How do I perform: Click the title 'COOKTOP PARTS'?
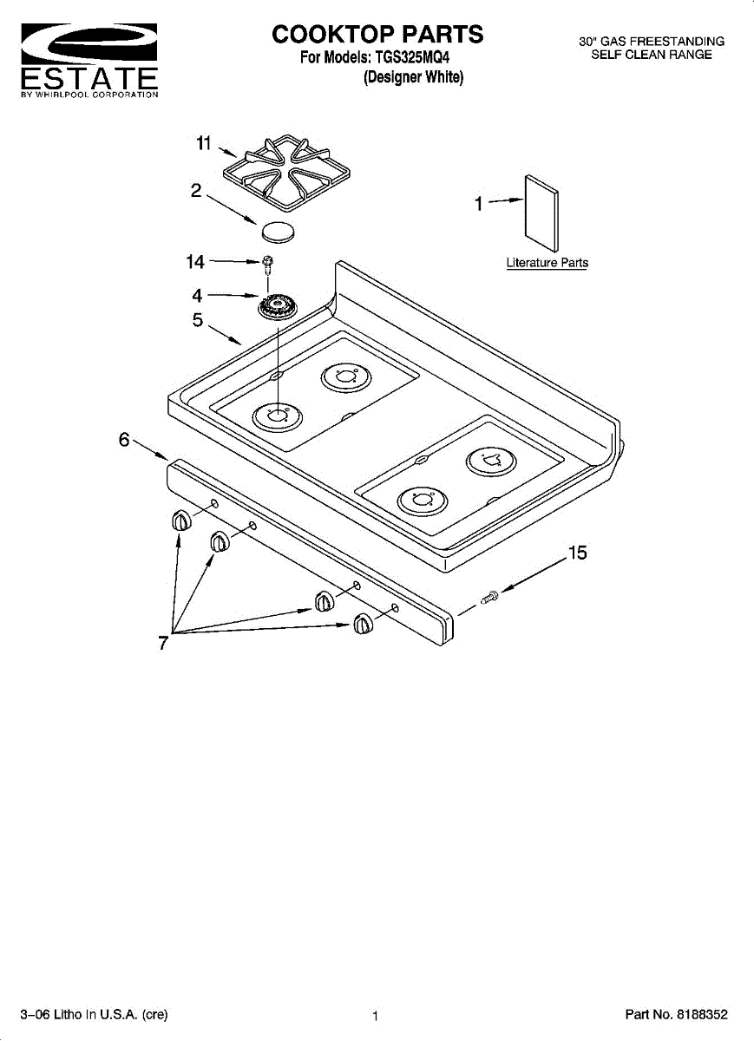click(377, 34)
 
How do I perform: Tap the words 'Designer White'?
click(414, 77)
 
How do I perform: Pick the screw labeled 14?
click(268, 261)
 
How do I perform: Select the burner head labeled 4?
click(276, 305)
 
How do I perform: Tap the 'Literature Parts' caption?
click(547, 263)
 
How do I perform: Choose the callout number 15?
click(577, 553)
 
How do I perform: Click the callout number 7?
click(162, 643)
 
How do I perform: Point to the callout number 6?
click(124, 440)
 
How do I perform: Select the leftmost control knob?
click(180, 520)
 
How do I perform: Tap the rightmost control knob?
click(363, 624)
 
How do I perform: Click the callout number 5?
click(198, 320)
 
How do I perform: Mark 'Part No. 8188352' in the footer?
click(676, 1014)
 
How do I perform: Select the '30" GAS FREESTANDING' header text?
click(652, 42)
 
